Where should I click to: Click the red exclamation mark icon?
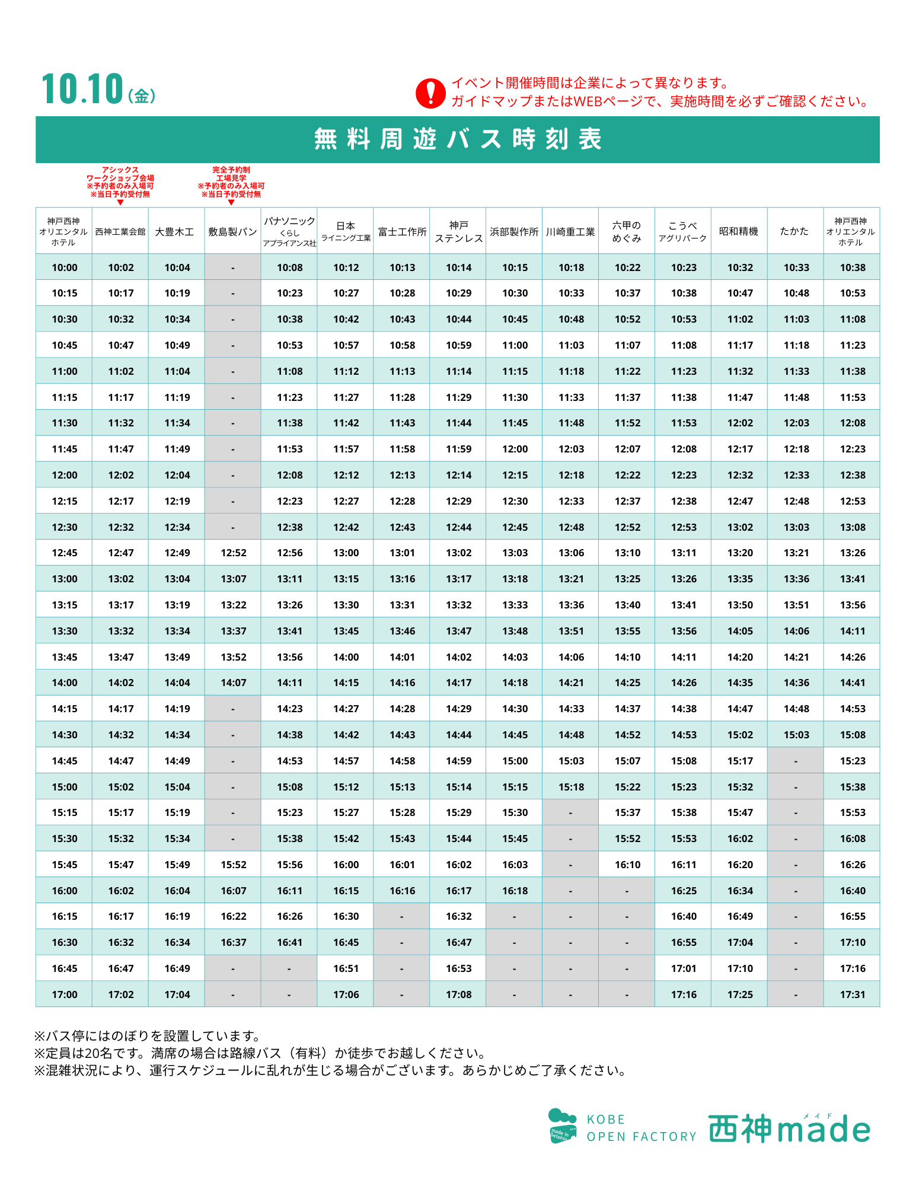pos(430,94)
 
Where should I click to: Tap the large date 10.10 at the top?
pos(82,90)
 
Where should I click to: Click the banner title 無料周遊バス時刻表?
pos(458,139)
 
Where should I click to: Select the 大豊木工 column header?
pos(176,232)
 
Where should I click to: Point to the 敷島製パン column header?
pos(232,232)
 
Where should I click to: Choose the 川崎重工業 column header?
pos(570,232)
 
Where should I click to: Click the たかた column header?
pos(794,231)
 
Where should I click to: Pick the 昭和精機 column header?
pos(739,231)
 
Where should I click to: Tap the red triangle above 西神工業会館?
pos(120,203)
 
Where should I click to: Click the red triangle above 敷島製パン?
pos(231,203)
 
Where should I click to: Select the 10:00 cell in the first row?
pos(65,267)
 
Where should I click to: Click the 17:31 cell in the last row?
pos(853,994)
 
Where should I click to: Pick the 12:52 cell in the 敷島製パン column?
pos(234,553)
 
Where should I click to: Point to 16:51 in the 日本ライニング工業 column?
pos(346,968)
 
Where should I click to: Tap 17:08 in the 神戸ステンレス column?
pos(459,994)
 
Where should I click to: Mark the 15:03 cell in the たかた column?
pos(796,735)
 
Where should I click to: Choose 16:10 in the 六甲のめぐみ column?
pos(627,865)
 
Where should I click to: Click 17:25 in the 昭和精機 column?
pos(740,994)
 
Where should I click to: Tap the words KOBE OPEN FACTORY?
pos(641,1128)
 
